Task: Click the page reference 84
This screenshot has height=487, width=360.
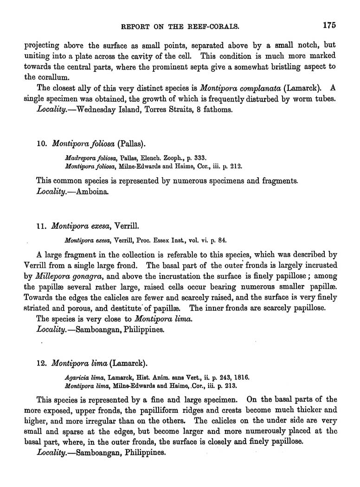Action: pyautogui.click(x=222, y=240)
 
